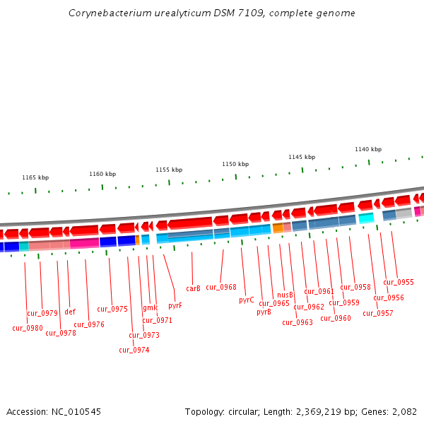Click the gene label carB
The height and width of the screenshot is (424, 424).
[x=193, y=288]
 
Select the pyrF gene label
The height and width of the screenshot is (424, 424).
[x=175, y=306]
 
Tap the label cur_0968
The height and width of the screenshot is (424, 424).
[x=221, y=288]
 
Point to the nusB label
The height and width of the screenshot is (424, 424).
[x=285, y=295]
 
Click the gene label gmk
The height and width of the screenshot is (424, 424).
[x=150, y=308]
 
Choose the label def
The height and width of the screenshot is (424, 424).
[x=70, y=312]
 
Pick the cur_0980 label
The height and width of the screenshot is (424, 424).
[x=28, y=328]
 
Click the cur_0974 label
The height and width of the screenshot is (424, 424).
[x=134, y=350]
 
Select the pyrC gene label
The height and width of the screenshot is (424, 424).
[x=246, y=300]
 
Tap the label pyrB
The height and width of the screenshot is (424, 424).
[x=264, y=312]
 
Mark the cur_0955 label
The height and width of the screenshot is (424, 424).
[x=399, y=283]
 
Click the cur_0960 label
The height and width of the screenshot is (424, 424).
[x=336, y=319]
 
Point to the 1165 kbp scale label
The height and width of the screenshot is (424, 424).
[x=35, y=178]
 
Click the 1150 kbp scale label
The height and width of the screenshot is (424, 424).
[x=235, y=164]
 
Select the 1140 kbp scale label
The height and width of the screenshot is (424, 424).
[x=368, y=150]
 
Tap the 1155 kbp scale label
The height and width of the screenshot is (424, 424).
[x=169, y=170]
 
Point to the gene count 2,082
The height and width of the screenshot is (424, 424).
[x=404, y=412]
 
